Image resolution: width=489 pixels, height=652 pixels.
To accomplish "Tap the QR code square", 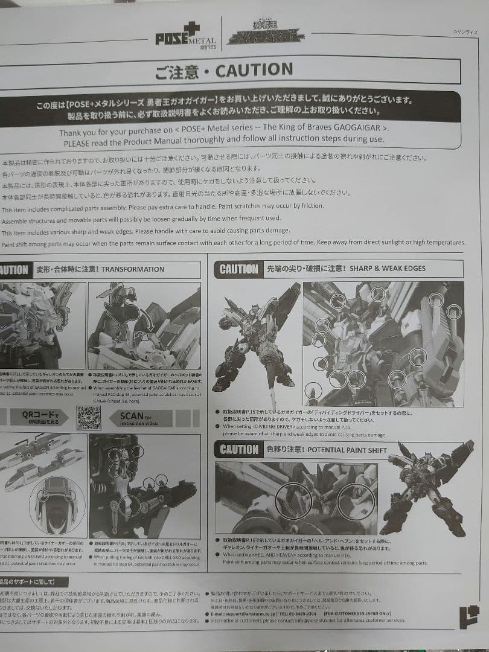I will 88,417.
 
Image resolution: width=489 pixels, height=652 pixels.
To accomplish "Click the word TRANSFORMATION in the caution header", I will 132,269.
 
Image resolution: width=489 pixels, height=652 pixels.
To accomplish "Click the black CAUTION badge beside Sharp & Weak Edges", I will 238,269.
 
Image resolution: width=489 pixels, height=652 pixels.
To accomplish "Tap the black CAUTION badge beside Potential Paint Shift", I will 239,449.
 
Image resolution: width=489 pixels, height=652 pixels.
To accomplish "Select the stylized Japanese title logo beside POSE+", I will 266,36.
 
